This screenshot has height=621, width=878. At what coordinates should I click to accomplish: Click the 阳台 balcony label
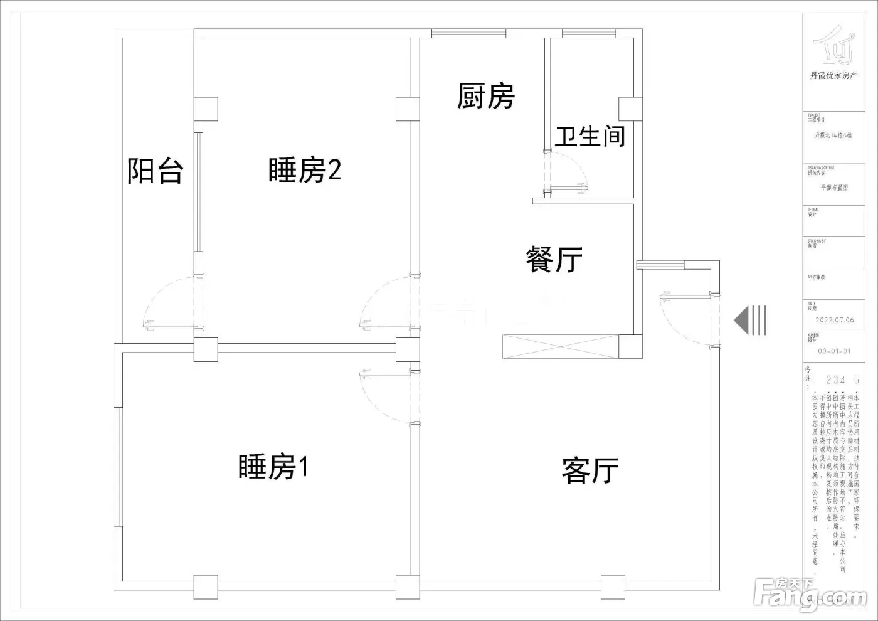coord(155,171)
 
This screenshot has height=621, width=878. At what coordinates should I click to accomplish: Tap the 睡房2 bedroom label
coord(305,170)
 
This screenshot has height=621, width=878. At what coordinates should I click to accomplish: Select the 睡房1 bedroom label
coord(273,467)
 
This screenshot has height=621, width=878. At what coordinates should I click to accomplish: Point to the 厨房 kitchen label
coord(485,96)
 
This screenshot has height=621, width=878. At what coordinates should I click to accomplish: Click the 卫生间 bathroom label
coord(590,136)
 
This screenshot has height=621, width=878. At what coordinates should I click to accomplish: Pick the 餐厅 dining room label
coord(554,260)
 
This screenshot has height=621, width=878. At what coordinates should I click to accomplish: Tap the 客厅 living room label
coord(590,470)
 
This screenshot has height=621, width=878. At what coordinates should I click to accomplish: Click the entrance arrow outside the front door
coord(750,320)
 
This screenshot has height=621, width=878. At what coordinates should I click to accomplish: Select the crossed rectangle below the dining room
coord(561,347)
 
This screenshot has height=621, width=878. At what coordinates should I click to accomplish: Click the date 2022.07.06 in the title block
coord(834,320)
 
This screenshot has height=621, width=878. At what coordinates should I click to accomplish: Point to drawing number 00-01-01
coord(834,351)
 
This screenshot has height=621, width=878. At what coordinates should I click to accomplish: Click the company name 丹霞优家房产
coord(833,76)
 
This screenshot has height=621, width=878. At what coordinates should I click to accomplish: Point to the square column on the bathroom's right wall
coord(630,109)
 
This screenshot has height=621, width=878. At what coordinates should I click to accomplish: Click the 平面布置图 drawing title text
coord(834,188)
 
